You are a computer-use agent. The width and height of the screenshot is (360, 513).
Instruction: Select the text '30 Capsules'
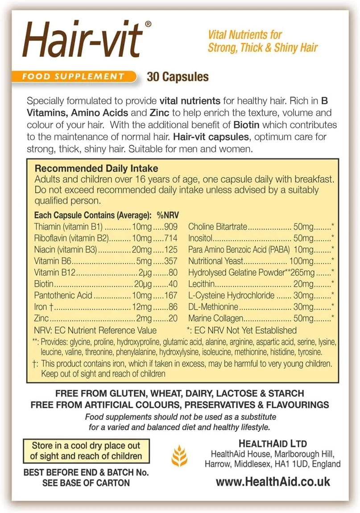pyautogui.click(x=178, y=77)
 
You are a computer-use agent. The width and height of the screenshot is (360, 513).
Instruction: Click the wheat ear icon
pyautogui.click(x=179, y=455)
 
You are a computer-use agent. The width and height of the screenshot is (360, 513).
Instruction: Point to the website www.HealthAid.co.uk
pyautogui.click(x=273, y=482)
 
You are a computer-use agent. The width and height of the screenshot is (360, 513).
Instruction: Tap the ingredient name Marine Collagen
pyautogui.click(x=216, y=319)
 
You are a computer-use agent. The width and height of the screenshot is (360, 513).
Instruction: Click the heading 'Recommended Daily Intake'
pyautogui.click(x=96, y=169)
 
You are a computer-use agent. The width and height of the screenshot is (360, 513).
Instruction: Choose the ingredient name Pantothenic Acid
pyautogui.click(x=63, y=295)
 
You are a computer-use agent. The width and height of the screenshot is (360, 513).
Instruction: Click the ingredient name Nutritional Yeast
pyautogui.click(x=216, y=261)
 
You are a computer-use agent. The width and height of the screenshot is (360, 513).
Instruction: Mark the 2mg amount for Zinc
pyautogui.click(x=144, y=319)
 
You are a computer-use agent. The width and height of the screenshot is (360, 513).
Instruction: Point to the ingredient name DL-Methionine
pyautogui.click(x=213, y=307)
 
